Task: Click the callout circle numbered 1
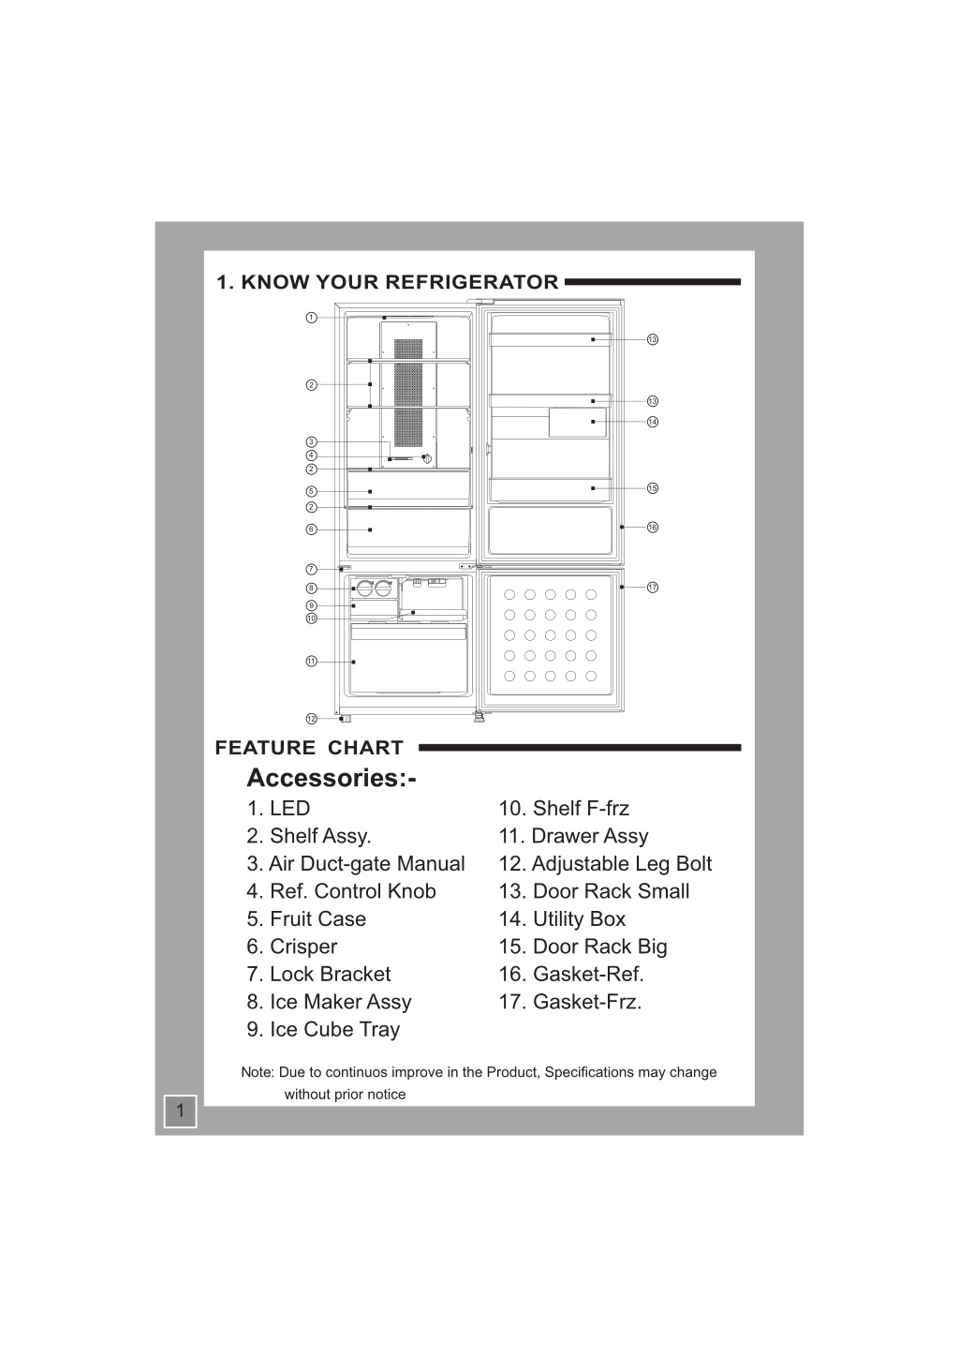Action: pyautogui.click(x=311, y=318)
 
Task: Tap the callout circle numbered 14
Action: pyautogui.click(x=653, y=422)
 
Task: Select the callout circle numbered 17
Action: pyautogui.click(x=653, y=587)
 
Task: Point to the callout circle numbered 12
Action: pyautogui.click(x=311, y=719)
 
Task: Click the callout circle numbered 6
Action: pyautogui.click(x=311, y=529)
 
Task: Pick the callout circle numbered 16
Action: pyautogui.click(x=653, y=527)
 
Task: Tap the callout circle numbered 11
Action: pyautogui.click(x=311, y=661)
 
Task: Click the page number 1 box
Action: pyautogui.click(x=181, y=1111)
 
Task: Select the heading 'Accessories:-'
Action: pyautogui.click(x=332, y=778)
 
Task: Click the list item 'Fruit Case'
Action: pyautogui.click(x=306, y=919)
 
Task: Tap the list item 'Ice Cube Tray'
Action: pyautogui.click(x=323, y=1029)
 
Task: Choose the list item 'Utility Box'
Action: pyautogui.click(x=562, y=919)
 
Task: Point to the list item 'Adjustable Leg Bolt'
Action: pyautogui.click(x=605, y=864)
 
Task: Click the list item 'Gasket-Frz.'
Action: pyautogui.click(x=570, y=1002)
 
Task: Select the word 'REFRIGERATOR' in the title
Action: pyautogui.click(x=472, y=282)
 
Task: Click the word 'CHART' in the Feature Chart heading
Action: pyautogui.click(x=365, y=748)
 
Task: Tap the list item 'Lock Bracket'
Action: pyautogui.click(x=318, y=974)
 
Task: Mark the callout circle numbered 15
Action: pyautogui.click(x=653, y=488)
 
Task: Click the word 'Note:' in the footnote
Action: pyautogui.click(x=258, y=1072)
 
